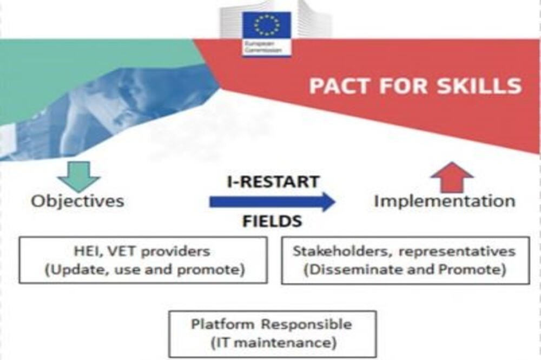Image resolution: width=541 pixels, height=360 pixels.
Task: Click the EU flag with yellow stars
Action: pos(266,25)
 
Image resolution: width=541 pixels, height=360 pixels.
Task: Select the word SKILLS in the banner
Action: pos(479,86)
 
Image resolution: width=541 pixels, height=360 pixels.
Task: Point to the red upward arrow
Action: pos(452,177)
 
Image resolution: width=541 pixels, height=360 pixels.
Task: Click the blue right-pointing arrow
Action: pos(272,202)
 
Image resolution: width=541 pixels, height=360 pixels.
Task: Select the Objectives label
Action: pos(77,201)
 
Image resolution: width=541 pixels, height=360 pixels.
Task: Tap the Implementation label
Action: pos(445,201)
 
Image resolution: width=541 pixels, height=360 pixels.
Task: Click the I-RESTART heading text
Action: pos(273,182)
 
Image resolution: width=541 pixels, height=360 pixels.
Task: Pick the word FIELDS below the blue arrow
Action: pos(272,221)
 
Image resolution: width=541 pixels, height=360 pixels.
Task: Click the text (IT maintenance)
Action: pos(273,343)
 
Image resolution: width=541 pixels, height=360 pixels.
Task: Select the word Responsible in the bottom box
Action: pos(306,324)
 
